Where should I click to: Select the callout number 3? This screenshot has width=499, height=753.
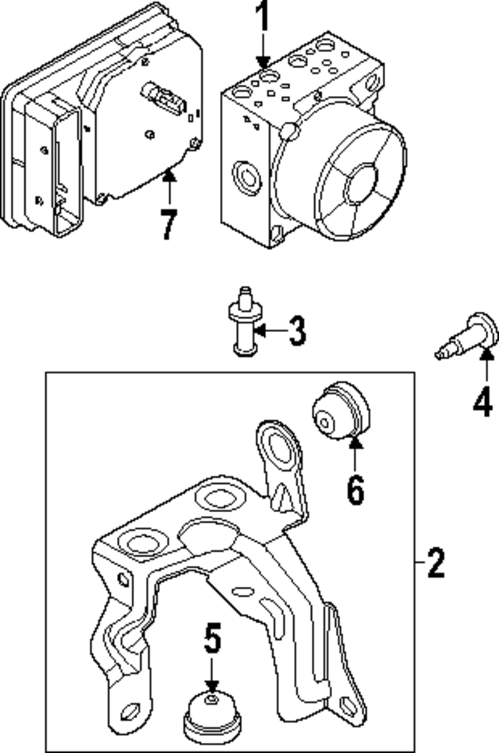click(x=296, y=332)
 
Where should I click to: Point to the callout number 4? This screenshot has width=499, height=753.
click(x=483, y=402)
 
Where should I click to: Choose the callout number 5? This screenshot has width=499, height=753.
click(x=212, y=639)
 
